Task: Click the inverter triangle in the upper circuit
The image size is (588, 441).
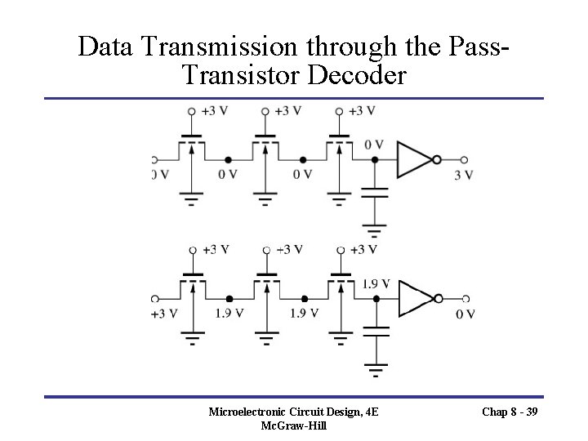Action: point(412,159)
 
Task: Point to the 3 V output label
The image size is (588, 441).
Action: point(463,175)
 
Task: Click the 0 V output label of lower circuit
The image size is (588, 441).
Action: point(465,314)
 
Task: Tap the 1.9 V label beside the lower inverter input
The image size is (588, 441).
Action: point(375,284)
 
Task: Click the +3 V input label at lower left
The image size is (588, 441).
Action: point(163,314)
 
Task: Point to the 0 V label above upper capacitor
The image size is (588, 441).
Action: point(373,145)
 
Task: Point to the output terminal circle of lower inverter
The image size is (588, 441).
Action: point(465,299)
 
